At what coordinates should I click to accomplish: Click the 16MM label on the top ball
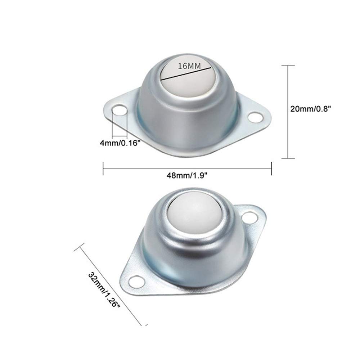click(x=189, y=66)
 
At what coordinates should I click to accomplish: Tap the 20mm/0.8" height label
click(x=311, y=108)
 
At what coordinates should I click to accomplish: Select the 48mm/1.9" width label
click(x=187, y=176)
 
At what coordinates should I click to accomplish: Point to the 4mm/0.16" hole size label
click(x=120, y=143)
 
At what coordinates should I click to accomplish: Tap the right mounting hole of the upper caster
click(x=255, y=117)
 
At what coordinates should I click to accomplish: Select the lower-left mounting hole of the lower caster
click(x=136, y=282)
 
